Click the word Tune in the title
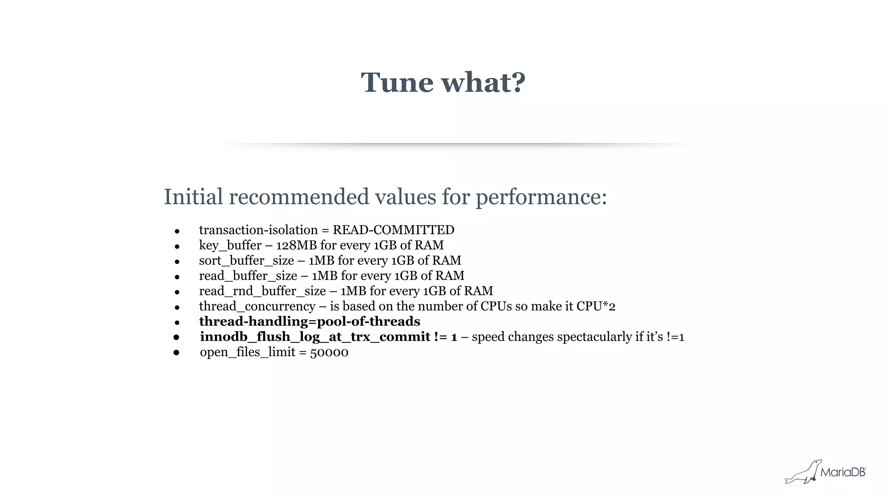(397, 82)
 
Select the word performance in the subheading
(541, 197)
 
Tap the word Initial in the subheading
(193, 197)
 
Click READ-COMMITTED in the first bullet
(393, 230)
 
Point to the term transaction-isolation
(258, 230)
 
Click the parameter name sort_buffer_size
(246, 261)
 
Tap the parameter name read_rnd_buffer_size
(262, 291)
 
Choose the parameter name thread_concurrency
(257, 306)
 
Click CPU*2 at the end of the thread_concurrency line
(596, 306)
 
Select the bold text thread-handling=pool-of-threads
(309, 322)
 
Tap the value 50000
(329, 352)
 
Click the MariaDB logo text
(843, 472)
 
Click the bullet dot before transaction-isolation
(177, 232)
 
